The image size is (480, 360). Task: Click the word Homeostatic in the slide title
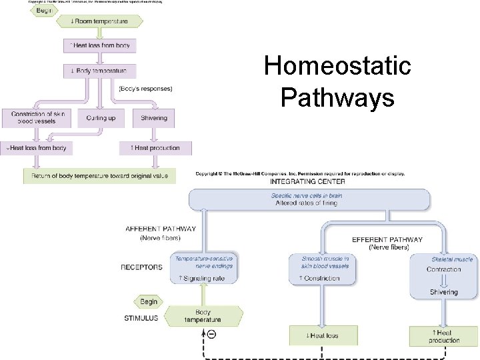[337, 67]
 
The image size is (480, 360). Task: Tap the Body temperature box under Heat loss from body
[99, 70]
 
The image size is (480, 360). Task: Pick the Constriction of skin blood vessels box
[37, 117]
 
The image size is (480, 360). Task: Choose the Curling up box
[101, 118]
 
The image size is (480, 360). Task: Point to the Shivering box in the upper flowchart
[154, 118]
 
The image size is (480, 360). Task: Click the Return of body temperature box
[100, 176]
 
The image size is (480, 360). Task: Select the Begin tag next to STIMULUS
[149, 302]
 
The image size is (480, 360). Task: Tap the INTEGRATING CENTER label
[308, 181]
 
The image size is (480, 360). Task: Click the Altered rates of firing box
[308, 199]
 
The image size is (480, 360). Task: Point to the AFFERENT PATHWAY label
[161, 229]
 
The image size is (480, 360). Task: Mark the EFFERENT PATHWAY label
[387, 239]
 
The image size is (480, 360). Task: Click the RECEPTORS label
[141, 267]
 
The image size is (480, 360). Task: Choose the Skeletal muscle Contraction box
[443, 265]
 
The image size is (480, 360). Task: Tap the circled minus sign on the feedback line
[211, 334]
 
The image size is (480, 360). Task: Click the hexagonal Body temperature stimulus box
[203, 316]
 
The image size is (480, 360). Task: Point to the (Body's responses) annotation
[145, 89]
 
